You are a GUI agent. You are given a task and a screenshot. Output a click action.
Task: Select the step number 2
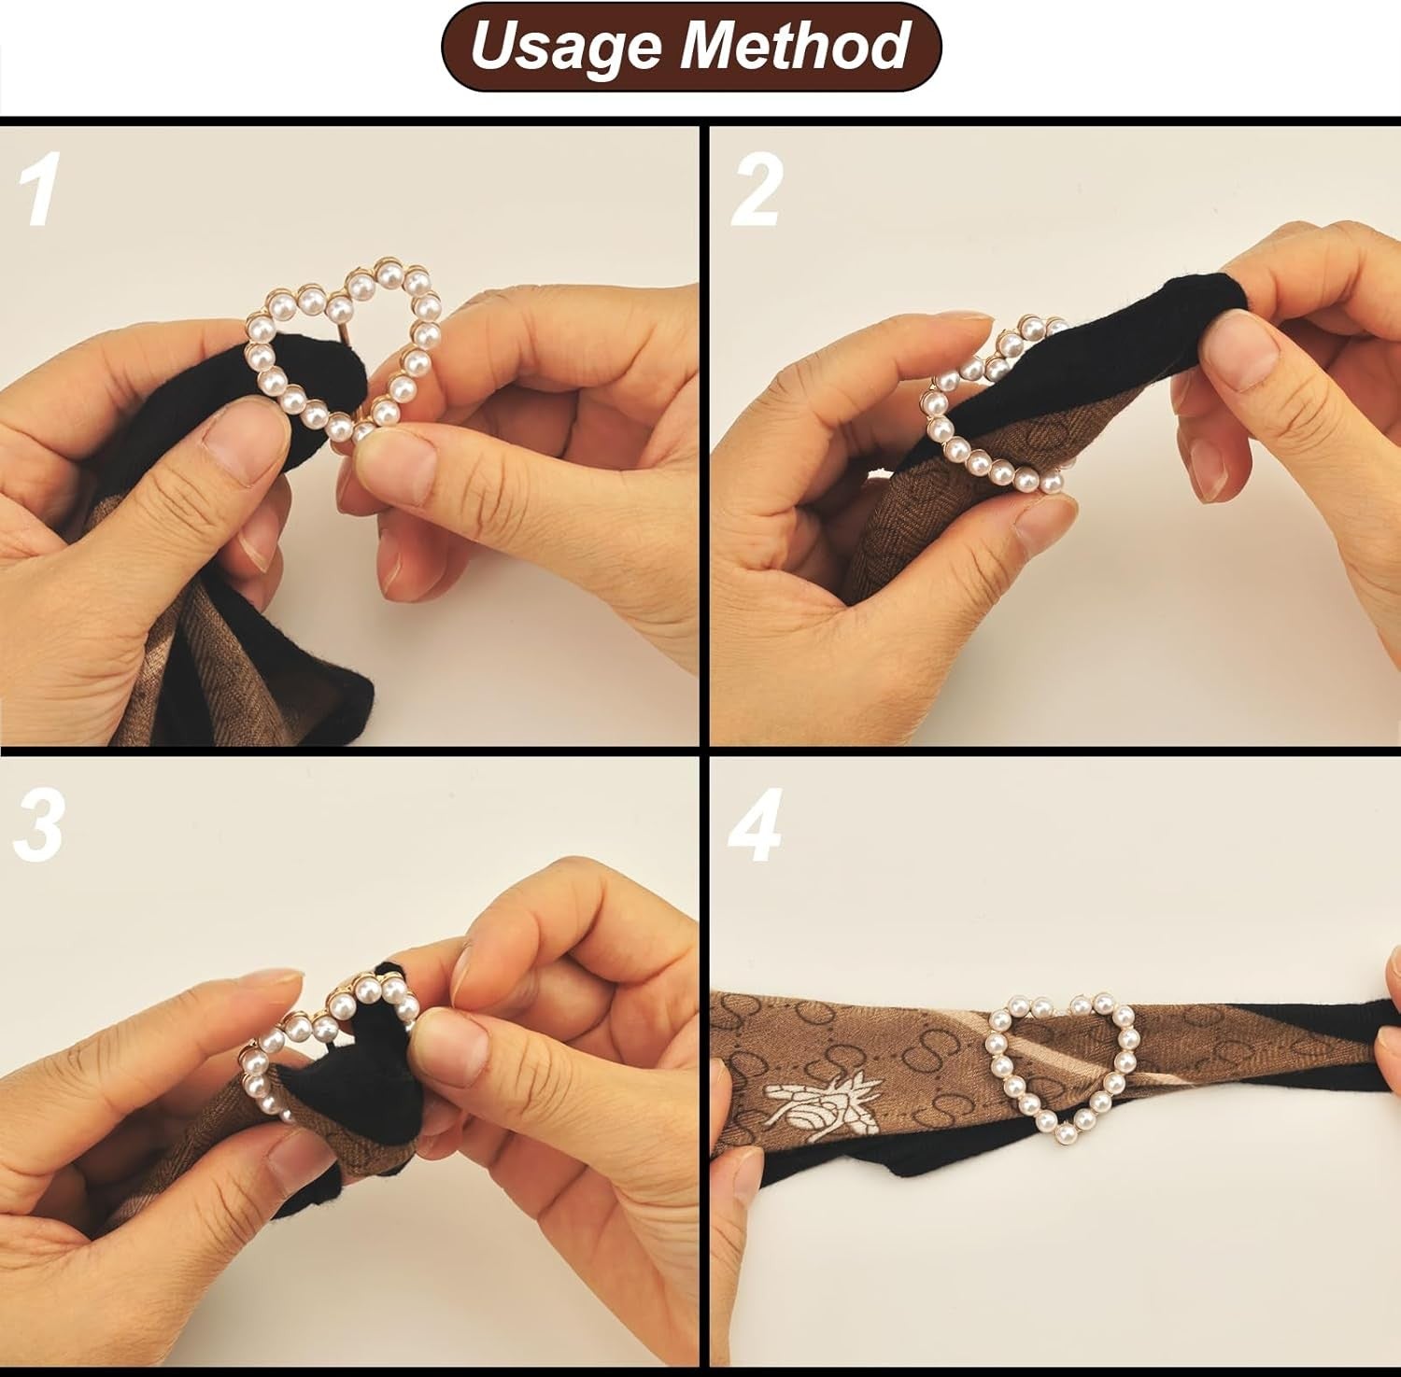click(x=755, y=191)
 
